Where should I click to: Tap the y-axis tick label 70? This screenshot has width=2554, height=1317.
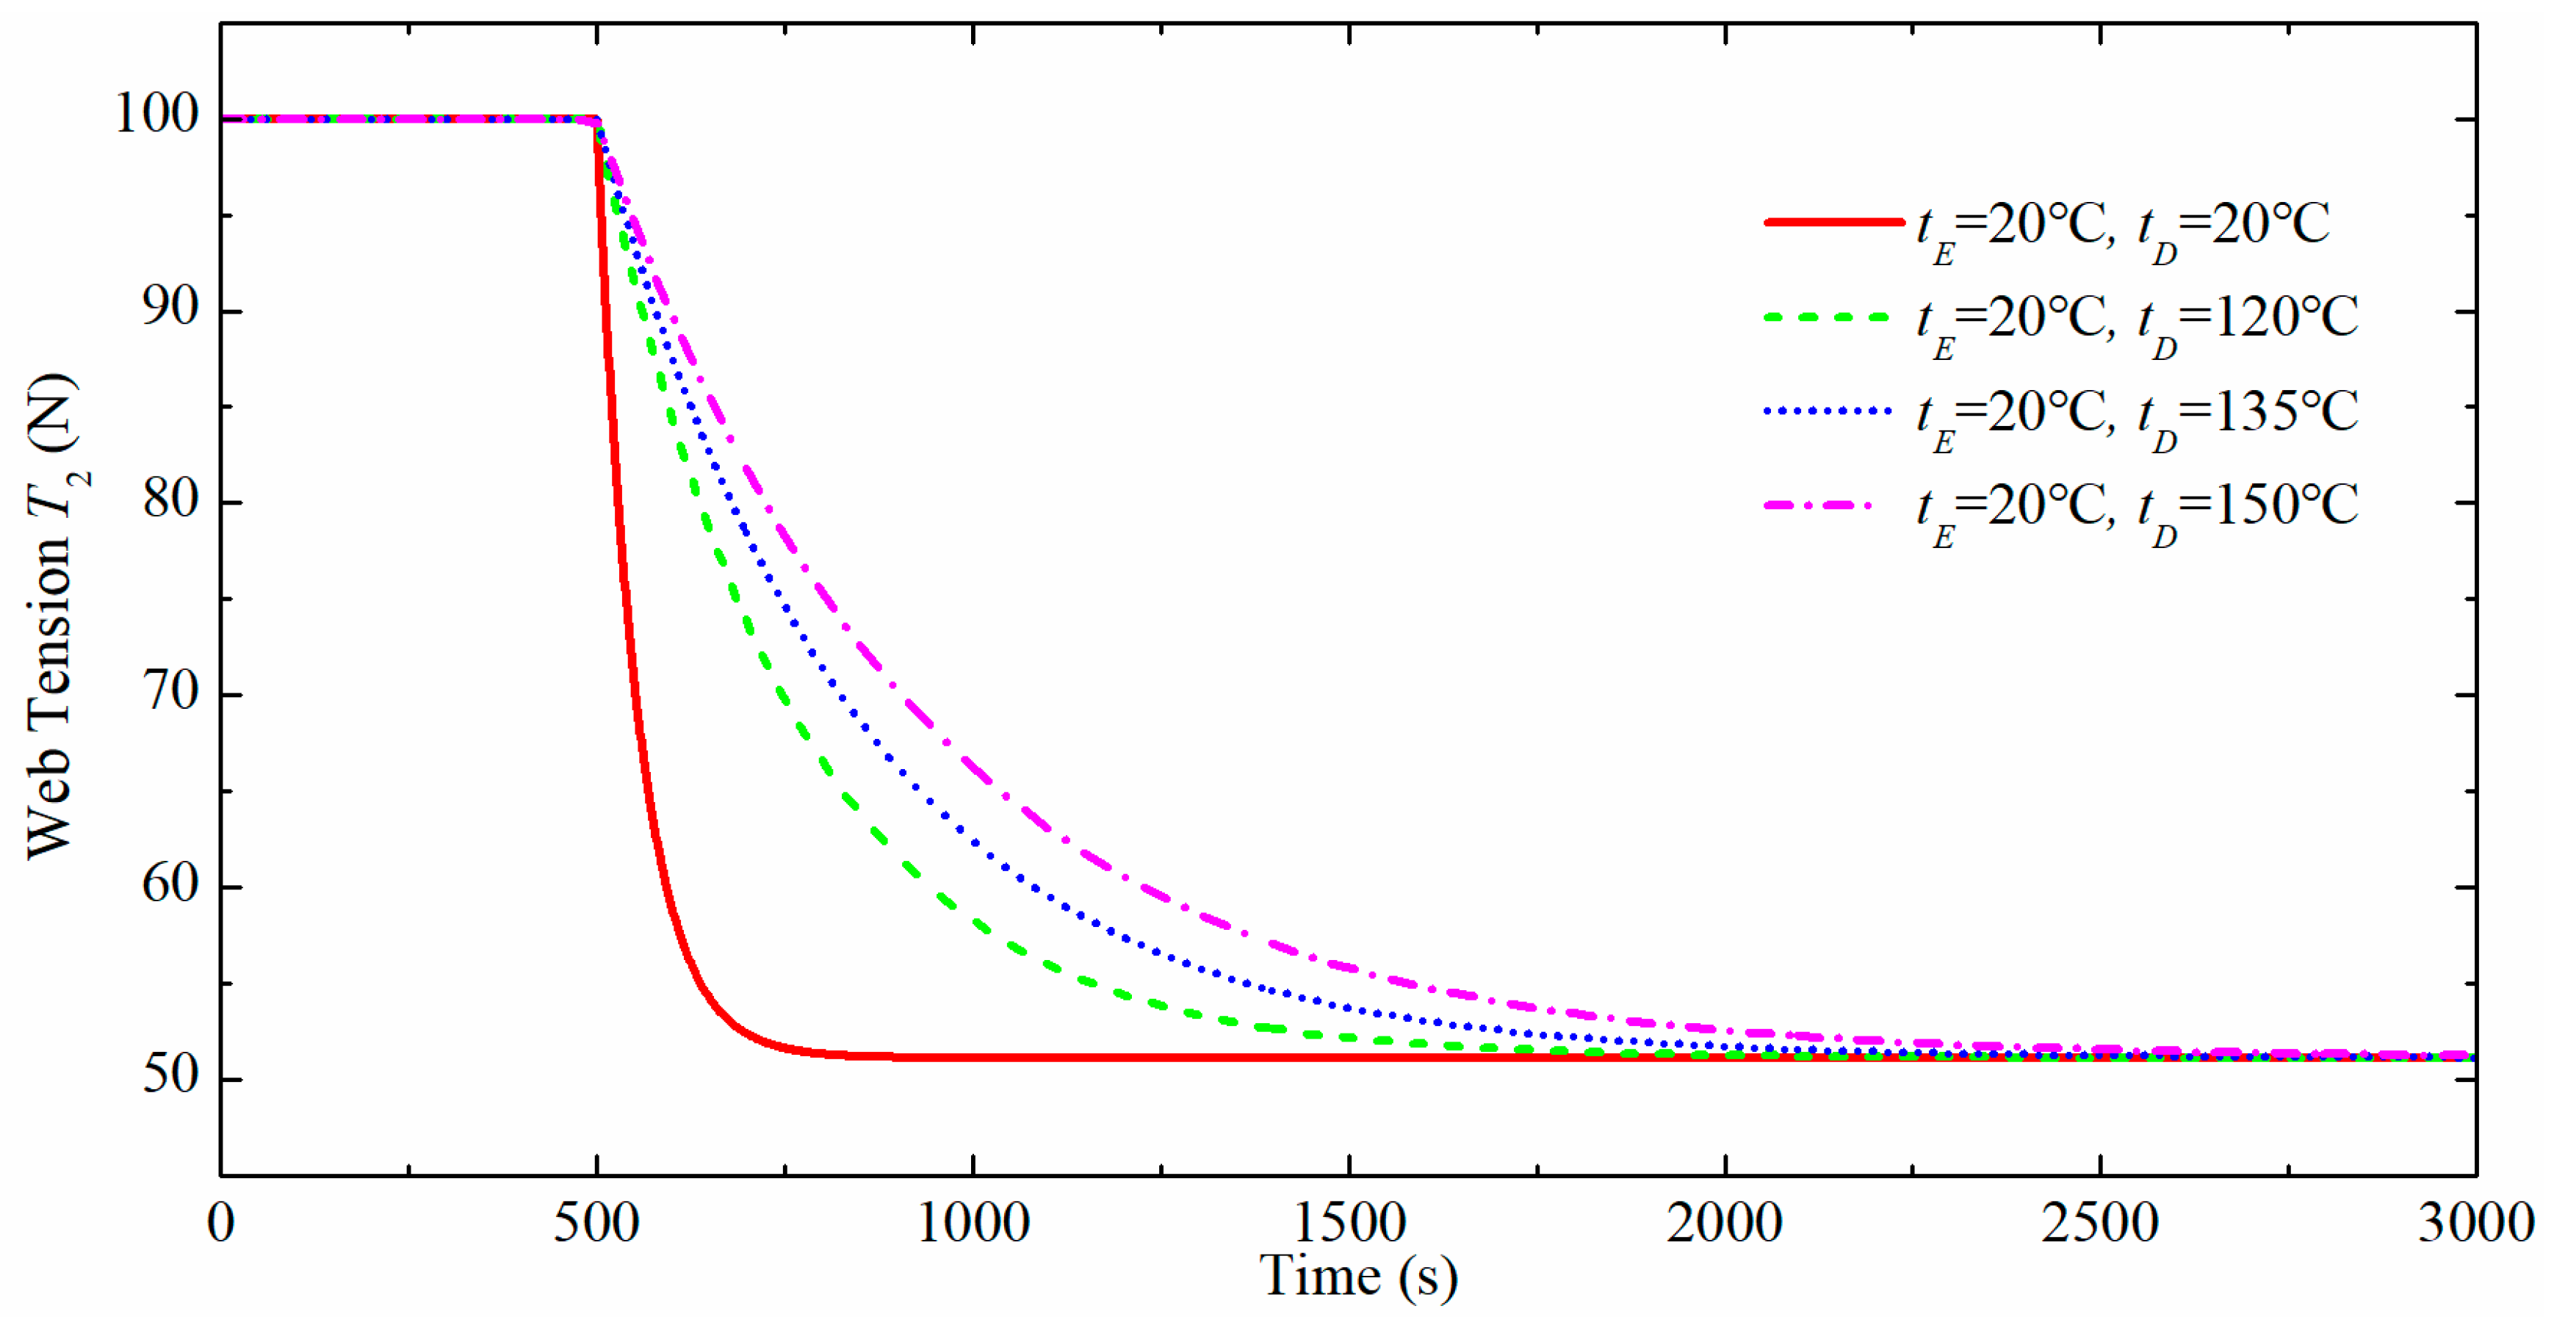coord(170,691)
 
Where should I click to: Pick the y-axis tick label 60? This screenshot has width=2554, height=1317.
coord(170,884)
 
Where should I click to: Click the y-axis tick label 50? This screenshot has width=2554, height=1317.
coord(170,1075)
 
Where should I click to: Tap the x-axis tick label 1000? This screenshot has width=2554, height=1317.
coord(973,1224)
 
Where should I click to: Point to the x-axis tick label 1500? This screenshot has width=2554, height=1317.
coord(1349,1224)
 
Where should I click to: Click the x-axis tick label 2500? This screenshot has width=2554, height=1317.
coord(2100,1224)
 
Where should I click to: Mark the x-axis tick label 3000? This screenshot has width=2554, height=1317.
coord(2475,1224)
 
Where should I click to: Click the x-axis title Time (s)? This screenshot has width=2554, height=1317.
coord(1358,1277)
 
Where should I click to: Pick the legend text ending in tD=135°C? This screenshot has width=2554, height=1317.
coord(2137,414)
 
